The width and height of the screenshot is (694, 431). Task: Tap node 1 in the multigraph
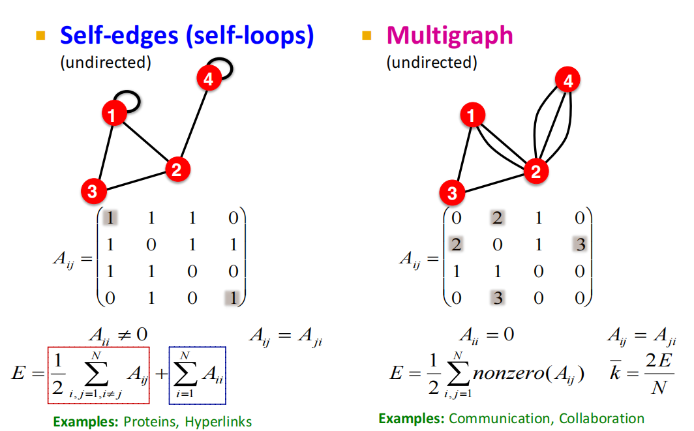click(x=472, y=117)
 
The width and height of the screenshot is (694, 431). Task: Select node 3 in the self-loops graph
click(x=93, y=191)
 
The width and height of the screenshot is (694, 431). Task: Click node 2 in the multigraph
click(x=536, y=171)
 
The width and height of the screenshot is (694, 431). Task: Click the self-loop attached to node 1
click(x=130, y=101)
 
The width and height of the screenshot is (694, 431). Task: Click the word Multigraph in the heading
click(x=449, y=35)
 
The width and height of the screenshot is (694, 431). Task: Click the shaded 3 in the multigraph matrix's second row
click(x=580, y=244)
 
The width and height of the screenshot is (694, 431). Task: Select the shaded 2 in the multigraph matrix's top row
click(x=496, y=218)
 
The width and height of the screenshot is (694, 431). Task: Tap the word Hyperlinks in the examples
click(x=218, y=422)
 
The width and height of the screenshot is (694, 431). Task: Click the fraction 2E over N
click(x=661, y=374)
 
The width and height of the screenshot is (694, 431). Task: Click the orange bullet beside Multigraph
click(x=367, y=35)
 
